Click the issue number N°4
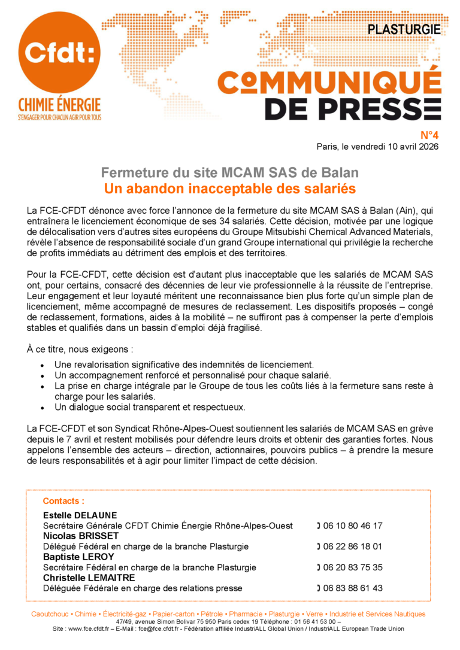tap(428, 135)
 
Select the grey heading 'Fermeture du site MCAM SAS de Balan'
tap(230, 173)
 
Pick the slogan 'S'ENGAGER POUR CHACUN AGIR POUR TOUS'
tap(59, 117)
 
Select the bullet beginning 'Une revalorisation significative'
tap(184, 364)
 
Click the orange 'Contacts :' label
tap(63, 501)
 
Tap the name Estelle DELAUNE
tap(80, 515)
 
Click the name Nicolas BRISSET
tap(81, 536)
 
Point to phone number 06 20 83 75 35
tap(353, 567)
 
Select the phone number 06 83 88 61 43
tap(353, 588)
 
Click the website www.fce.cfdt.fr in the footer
tap(91, 629)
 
